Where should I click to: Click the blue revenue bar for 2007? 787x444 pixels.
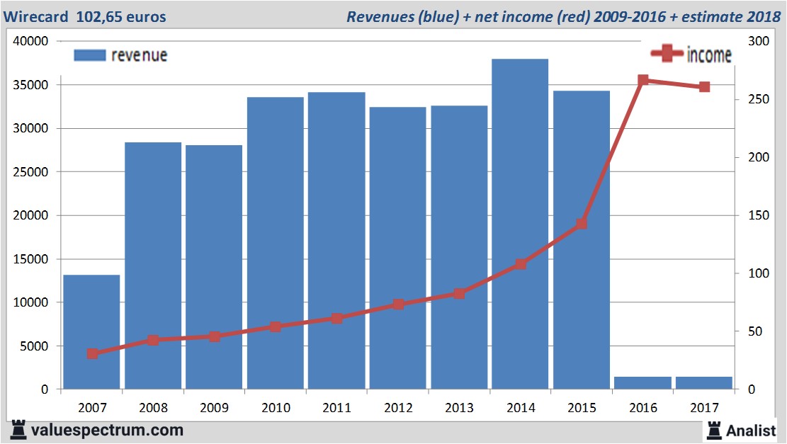91,331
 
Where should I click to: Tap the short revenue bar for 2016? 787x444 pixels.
642,382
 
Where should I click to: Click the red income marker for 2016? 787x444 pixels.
643,81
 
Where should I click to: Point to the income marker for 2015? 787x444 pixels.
582,224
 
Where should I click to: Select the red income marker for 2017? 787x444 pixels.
704,87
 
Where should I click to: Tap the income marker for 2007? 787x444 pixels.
92,353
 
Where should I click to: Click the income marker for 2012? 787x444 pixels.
398,304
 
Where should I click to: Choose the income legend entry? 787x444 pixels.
691,55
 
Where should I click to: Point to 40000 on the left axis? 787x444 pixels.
30,41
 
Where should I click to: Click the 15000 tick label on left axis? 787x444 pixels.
30,259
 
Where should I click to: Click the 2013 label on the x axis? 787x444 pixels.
459,408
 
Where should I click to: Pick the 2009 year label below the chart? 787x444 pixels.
215,408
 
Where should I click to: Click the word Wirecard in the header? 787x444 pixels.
36,16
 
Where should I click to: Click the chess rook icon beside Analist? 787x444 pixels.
713,429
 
